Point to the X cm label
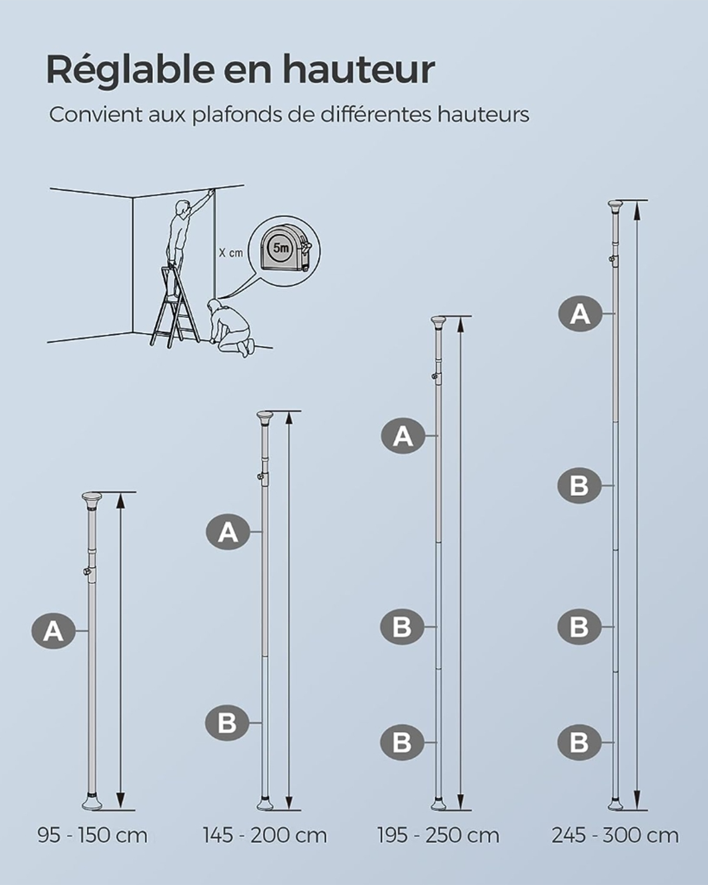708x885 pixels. click(x=231, y=253)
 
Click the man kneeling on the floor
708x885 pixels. click(x=230, y=326)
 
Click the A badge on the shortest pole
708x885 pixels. click(x=54, y=631)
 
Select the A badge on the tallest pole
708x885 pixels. click(x=580, y=314)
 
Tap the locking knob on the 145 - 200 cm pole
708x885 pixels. click(x=260, y=477)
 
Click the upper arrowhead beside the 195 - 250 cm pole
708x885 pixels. click(x=461, y=325)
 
